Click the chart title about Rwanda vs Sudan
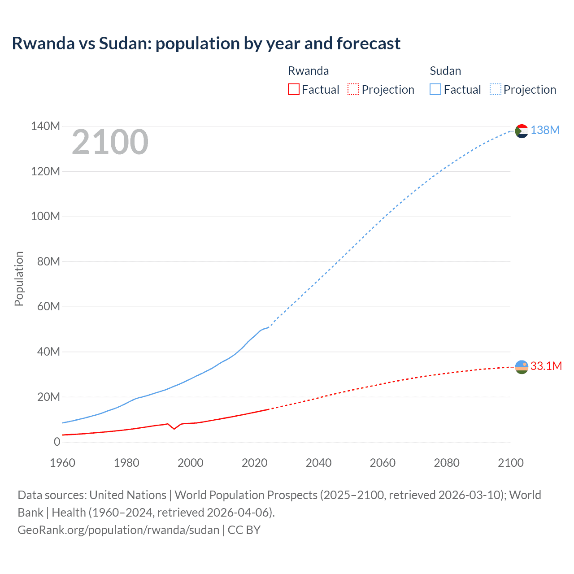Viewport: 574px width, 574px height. (x=206, y=43)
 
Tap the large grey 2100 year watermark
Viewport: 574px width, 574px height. (x=110, y=142)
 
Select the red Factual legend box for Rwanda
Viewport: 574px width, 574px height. (x=293, y=89)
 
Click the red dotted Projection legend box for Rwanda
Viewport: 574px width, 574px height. (x=353, y=89)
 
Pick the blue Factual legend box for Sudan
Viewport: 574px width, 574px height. (x=435, y=89)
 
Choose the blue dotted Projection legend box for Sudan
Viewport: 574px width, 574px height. (x=495, y=89)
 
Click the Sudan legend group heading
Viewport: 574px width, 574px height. (x=445, y=71)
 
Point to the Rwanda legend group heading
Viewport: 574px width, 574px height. (x=308, y=71)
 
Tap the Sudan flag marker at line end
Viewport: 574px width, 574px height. (x=522, y=131)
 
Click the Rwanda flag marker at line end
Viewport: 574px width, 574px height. (x=522, y=367)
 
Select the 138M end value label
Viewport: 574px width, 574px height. (x=545, y=130)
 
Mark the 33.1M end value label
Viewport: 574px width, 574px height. (x=546, y=366)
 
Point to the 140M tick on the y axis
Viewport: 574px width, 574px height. (x=45, y=126)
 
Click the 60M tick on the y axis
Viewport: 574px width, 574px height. (x=48, y=307)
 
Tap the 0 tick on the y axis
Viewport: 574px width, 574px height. (x=57, y=442)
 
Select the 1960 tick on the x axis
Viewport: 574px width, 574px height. (x=62, y=463)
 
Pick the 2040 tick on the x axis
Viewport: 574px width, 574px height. (x=318, y=463)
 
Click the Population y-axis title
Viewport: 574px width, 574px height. (x=19, y=278)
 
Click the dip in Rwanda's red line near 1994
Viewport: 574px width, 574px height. (x=174, y=429)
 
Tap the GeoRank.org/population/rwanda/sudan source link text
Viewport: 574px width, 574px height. (x=118, y=530)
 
